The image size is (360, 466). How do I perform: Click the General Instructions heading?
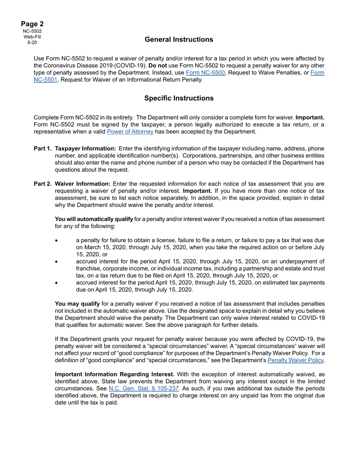[x=179, y=39]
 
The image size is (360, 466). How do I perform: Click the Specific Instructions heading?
[x=179, y=98]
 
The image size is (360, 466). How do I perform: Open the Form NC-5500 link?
[x=205, y=73]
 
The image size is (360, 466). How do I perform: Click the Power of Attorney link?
[x=130, y=132]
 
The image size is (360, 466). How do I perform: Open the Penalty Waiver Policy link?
[x=296, y=360]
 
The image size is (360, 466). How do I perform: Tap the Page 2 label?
[x=32, y=24]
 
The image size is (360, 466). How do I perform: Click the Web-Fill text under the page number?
[x=32, y=37]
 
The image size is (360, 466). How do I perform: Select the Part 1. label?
[x=43, y=149]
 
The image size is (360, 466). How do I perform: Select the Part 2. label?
[x=43, y=184]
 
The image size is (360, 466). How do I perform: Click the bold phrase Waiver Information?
[x=83, y=184]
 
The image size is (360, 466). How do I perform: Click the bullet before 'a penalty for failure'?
[x=57, y=241]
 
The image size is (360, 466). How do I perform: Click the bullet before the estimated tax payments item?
[x=57, y=283]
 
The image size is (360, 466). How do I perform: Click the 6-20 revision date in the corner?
[x=32, y=42]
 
